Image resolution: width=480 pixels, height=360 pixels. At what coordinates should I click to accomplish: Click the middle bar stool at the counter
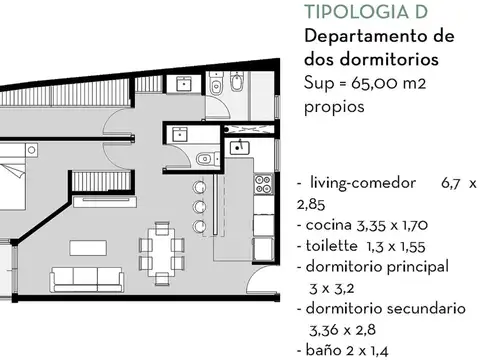pos(198,205)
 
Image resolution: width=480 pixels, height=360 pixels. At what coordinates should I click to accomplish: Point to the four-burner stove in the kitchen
pos(264,185)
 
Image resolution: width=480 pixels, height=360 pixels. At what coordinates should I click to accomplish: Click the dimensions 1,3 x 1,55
pos(400,246)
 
